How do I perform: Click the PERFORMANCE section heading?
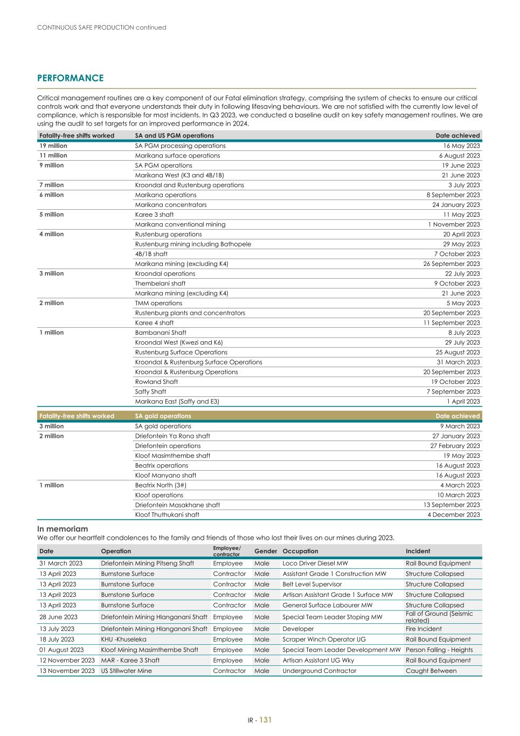point(70,78)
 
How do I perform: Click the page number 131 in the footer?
point(266,720)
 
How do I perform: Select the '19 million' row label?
point(53,146)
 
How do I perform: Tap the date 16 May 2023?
point(461,146)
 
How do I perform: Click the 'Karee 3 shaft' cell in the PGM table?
point(154,215)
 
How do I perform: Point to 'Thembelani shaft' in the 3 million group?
point(160,284)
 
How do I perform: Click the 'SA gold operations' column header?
point(163,416)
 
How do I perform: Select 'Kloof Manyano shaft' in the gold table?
point(165,476)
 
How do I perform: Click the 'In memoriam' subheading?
point(63,529)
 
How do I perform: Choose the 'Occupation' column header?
point(300,551)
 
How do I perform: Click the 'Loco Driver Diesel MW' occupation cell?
point(315,563)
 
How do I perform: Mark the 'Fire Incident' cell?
point(424,629)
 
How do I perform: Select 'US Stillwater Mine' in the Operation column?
point(126,671)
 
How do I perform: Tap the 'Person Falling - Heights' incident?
point(439,650)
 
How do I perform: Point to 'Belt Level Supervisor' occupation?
point(312,584)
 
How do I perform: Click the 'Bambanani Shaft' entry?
point(161,333)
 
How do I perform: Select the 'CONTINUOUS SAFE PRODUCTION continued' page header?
point(102,27)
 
